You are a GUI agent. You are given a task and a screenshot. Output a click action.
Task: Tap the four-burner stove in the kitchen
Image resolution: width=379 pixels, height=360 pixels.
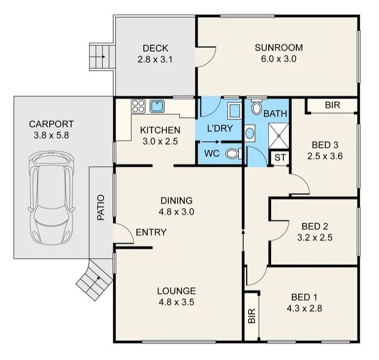pos(138,107)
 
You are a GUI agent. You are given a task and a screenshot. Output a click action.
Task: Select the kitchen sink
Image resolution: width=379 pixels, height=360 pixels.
pos(157,107)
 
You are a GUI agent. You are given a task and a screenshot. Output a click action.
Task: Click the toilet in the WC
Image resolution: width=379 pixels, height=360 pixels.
pos(233,154)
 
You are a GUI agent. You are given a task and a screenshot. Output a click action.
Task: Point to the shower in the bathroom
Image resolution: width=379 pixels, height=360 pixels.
pos(279,136)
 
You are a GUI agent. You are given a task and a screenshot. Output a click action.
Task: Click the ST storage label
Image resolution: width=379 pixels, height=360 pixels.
pos(280,157)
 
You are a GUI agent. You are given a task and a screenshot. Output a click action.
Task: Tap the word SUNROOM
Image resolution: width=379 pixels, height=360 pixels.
pos(279,48)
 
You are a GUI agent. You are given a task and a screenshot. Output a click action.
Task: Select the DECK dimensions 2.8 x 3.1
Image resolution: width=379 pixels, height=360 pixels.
pos(155,60)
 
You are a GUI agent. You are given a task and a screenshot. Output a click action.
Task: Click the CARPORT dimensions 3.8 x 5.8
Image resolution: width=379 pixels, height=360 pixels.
pos(51,135)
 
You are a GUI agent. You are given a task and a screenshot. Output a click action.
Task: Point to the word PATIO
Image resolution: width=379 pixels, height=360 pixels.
pos(101,208)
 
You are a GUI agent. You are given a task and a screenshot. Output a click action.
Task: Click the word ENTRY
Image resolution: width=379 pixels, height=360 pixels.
pos(151,232)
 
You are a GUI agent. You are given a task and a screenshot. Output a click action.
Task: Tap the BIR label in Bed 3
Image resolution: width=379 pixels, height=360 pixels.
pos(333,105)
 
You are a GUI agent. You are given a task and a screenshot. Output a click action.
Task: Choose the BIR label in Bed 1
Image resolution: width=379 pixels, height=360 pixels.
pos(252,316)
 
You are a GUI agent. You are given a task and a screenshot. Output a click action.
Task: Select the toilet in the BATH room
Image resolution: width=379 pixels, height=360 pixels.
pos(256,107)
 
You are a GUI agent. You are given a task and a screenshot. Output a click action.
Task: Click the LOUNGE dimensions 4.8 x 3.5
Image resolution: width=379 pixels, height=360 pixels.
pos(176,302)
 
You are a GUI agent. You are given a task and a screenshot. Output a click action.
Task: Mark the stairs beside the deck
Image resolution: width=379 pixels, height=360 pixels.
pos(102,57)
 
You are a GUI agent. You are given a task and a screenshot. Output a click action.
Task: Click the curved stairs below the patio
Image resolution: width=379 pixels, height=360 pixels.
pos(95,279)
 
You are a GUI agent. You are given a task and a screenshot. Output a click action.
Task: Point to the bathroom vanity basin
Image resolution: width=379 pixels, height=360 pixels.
pos(250,133)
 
